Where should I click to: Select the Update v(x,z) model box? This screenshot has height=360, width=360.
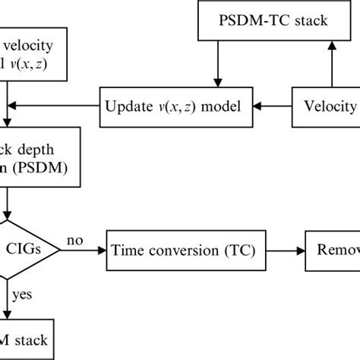(174, 106)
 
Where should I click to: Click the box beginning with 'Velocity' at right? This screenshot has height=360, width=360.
(327, 106)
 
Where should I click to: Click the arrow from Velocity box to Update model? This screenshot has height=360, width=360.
(270, 106)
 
